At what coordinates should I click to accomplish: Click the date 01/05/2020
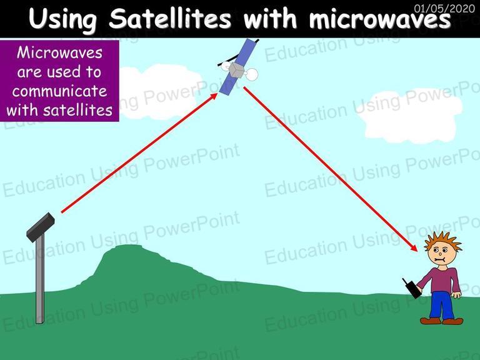coord(444,8)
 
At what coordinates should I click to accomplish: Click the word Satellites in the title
coord(169,19)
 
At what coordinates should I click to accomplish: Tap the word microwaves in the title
coord(379,19)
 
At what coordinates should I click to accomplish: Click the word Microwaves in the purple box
coord(60,52)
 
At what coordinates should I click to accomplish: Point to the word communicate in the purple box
coord(60,91)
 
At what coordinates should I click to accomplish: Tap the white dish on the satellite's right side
coord(252,75)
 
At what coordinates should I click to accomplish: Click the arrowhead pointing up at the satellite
coord(212,97)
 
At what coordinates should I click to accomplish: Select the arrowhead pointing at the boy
coord(413,247)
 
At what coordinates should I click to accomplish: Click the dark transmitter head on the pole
coord(41,227)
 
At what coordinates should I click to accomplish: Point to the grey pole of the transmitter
coord(40,279)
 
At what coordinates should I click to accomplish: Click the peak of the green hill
coord(129,246)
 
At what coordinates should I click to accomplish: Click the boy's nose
coord(439,254)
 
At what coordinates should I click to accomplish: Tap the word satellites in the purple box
coord(77,110)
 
